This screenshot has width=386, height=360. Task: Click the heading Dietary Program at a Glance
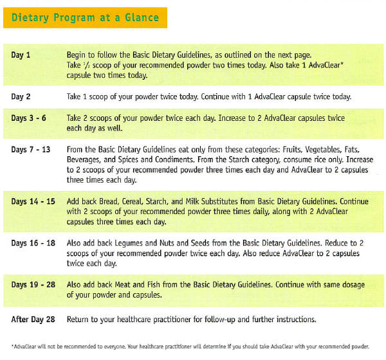point(85,17)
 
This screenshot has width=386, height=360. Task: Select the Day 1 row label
point(21,55)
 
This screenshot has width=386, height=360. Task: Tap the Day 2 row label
point(21,96)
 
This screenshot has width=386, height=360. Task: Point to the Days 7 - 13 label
point(32,150)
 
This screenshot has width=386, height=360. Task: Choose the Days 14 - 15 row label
point(33,201)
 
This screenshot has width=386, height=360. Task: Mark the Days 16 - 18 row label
point(33,243)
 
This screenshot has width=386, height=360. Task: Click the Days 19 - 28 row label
point(33,285)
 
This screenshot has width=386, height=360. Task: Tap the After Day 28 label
point(33,319)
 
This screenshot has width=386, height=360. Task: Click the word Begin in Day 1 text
point(78,55)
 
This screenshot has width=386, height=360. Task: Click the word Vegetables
point(309,150)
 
